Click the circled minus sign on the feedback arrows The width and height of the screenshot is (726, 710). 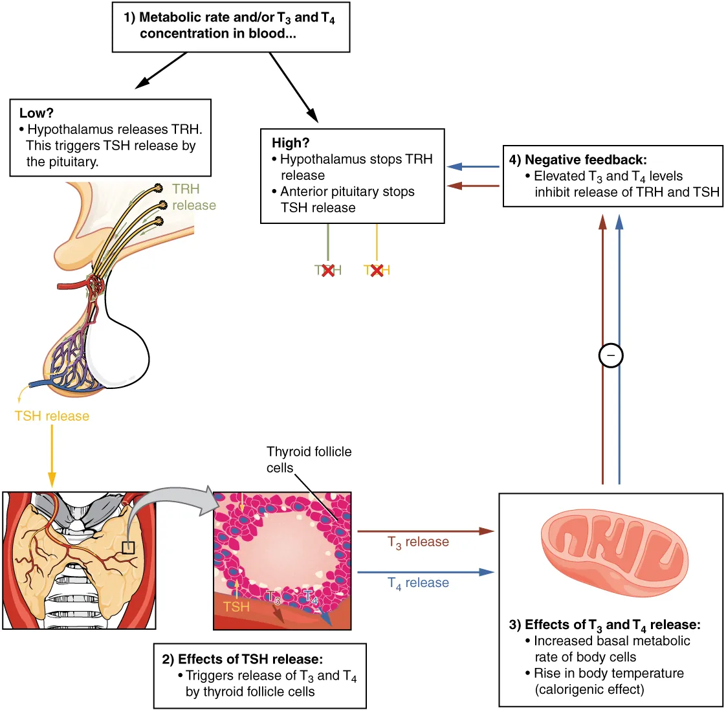coord(611,355)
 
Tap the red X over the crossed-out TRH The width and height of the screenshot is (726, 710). coord(328,271)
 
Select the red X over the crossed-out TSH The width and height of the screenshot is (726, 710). coord(377,271)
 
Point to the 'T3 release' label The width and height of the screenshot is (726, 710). coord(418,542)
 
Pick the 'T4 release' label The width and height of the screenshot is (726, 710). coord(418,583)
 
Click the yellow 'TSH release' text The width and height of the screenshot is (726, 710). coord(52,416)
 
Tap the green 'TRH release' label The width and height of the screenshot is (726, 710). coord(193,197)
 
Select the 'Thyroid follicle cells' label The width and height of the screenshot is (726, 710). coord(309,460)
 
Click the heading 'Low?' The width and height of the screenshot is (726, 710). coord(36,113)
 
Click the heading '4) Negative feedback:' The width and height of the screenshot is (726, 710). coord(578,160)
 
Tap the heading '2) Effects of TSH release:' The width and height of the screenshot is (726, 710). coord(242,660)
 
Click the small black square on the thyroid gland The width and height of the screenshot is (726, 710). coord(128,548)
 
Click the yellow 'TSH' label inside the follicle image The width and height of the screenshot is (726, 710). coord(236,606)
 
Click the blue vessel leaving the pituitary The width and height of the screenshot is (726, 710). coord(39,384)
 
